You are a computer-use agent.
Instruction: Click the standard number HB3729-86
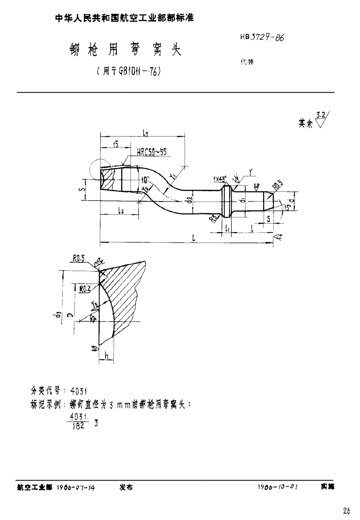tap(262, 38)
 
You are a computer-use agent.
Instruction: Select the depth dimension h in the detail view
tap(106, 355)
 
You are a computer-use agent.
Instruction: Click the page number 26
tap(346, 512)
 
